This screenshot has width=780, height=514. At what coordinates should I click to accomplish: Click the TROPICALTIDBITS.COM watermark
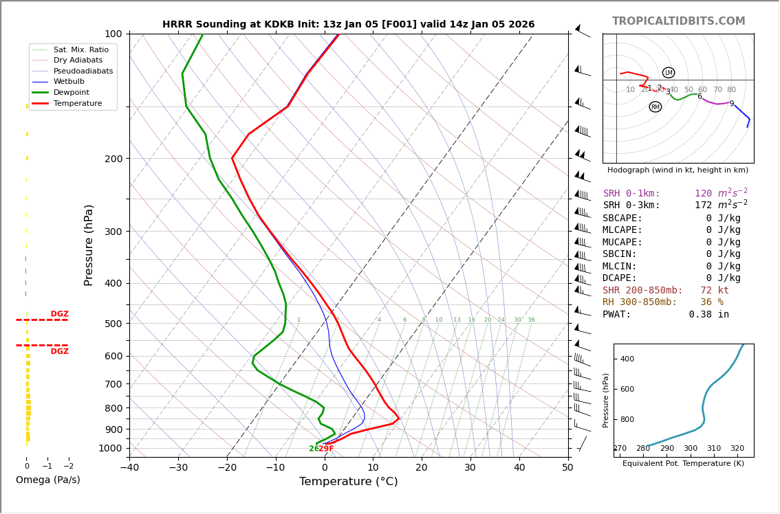[678, 21]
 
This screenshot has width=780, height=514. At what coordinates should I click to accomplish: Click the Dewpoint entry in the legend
[72, 93]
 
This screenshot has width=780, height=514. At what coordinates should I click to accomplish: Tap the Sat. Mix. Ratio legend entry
[80, 49]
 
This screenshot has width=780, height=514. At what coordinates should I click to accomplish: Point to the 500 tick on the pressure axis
[113, 324]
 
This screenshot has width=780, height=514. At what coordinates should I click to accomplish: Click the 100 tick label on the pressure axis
[113, 34]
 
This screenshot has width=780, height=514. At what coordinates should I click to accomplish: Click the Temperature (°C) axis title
[348, 482]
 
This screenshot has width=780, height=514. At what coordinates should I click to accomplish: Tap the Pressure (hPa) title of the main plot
[89, 245]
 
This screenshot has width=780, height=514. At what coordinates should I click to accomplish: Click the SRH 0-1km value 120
[703, 194]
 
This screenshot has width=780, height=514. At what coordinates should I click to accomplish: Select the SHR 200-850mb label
[642, 291]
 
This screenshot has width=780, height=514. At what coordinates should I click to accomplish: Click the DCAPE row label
[622, 278]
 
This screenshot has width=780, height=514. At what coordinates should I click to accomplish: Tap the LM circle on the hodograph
[669, 73]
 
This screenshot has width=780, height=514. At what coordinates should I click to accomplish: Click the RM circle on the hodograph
[655, 107]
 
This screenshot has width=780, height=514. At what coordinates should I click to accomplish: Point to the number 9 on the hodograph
[731, 104]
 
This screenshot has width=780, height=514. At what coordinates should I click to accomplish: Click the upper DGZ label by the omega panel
[59, 314]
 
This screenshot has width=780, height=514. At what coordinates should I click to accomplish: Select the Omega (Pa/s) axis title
[47, 480]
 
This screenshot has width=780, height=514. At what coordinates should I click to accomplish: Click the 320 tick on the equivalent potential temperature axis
[737, 449]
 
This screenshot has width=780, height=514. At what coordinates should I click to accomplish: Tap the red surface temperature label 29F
[326, 449]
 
